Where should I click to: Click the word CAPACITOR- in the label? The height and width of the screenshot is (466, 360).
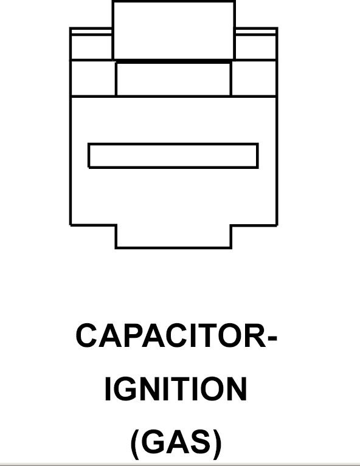(x=176, y=335)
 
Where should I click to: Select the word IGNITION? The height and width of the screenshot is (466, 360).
(x=176, y=389)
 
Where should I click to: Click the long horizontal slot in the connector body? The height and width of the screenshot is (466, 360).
(x=173, y=156)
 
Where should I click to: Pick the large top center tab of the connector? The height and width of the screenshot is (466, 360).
(x=174, y=30)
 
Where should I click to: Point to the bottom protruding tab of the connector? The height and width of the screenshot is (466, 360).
(x=173, y=236)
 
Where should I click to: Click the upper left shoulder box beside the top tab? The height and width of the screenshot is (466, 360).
(x=91, y=44)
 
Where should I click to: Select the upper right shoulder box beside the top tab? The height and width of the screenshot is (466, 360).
(x=256, y=44)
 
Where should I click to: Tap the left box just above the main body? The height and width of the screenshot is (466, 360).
(x=93, y=78)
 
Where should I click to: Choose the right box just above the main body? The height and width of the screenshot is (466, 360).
(x=254, y=78)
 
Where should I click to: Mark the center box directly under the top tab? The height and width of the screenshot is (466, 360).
(x=173, y=79)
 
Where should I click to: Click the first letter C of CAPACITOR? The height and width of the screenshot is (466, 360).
(x=86, y=335)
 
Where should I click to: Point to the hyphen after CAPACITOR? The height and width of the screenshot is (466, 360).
(x=272, y=338)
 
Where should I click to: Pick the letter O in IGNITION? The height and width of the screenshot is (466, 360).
(x=211, y=389)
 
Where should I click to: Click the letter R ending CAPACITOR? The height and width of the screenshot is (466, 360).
(x=257, y=335)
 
